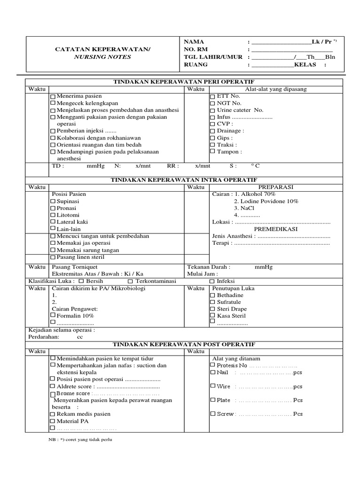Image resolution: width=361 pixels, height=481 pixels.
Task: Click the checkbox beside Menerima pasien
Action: click(x=53, y=96)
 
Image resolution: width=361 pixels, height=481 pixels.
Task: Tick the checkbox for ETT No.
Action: click(x=212, y=96)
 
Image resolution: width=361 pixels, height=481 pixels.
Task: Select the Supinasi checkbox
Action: click(x=53, y=201)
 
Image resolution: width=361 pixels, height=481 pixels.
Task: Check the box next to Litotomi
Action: click(x=53, y=215)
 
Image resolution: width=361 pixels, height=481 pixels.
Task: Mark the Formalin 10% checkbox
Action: click(x=53, y=316)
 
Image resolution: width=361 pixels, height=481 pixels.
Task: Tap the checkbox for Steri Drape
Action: click(x=212, y=309)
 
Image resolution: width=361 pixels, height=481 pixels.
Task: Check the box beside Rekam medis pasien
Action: click(x=53, y=414)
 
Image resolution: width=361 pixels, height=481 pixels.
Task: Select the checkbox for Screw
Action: click(x=212, y=414)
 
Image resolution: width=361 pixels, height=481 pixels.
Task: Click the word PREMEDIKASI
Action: click(x=276, y=229)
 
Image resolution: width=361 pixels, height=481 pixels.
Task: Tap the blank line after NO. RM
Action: click(x=292, y=49)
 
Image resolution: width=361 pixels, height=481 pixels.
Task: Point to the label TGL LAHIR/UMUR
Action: click(x=213, y=57)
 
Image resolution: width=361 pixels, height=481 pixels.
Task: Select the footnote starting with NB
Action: click(x=80, y=440)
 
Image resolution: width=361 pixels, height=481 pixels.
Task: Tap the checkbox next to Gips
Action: click(x=212, y=138)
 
